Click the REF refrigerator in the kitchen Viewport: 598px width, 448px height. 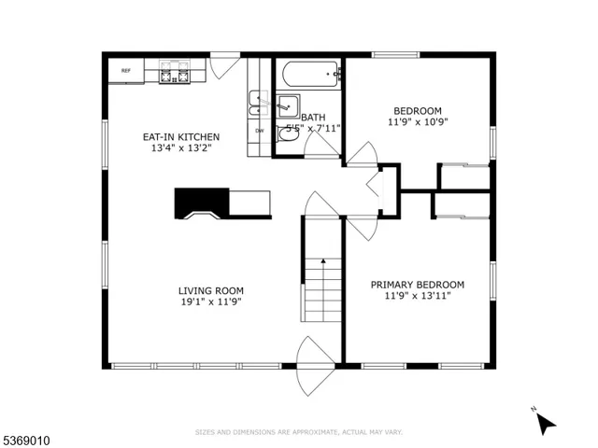[125, 71]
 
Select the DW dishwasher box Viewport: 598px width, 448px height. [260, 130]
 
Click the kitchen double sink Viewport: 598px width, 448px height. [256, 101]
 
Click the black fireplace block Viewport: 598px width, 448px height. [201, 202]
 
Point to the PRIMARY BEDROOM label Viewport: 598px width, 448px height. [417, 285]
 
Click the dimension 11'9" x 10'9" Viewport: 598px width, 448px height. [418, 121]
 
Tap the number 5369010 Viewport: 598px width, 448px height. [30, 435]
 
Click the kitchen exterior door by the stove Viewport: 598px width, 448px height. [223, 67]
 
